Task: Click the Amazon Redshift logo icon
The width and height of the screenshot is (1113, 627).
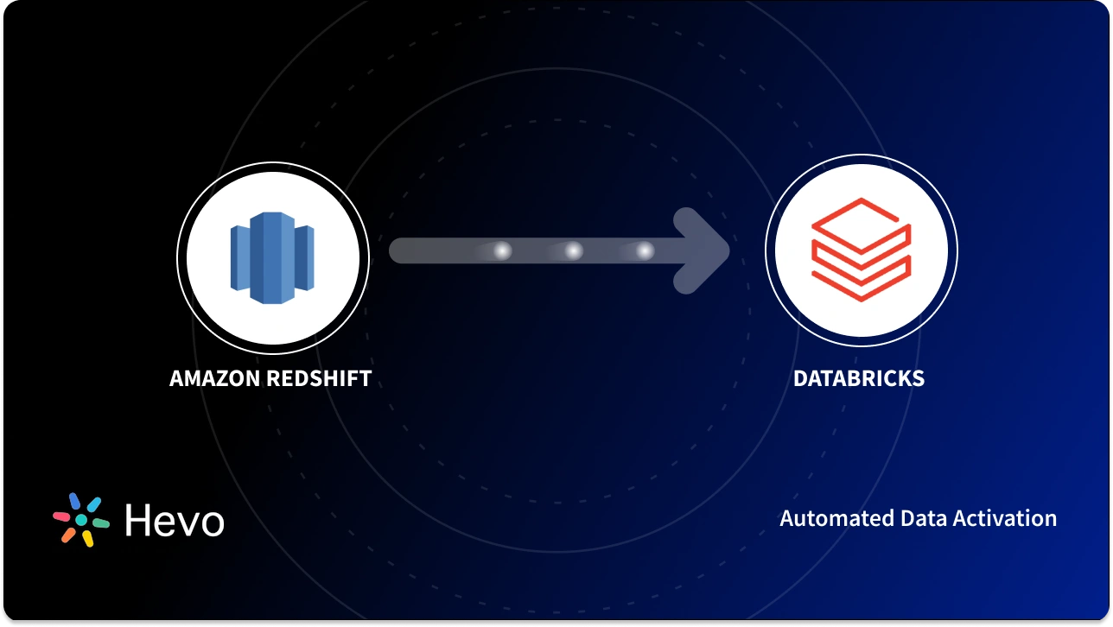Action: coord(272,256)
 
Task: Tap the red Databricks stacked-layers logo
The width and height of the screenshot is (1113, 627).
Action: coord(861,250)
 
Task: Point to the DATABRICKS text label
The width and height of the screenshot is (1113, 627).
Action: coord(859,378)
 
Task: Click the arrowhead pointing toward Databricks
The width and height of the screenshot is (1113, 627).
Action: coord(704,251)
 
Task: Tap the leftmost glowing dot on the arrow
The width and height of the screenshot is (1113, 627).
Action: coord(501,251)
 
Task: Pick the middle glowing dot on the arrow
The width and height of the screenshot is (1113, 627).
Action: coord(573,251)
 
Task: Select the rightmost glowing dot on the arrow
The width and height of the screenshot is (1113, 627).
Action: coord(645,251)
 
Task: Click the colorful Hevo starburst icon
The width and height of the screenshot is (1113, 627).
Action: coord(81,520)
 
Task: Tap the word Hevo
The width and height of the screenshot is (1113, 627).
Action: coord(175,520)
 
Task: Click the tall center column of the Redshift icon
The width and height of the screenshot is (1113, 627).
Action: coord(272,256)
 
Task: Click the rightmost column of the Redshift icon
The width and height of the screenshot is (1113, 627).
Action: coord(304,257)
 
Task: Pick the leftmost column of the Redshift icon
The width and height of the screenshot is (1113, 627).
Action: coord(240,257)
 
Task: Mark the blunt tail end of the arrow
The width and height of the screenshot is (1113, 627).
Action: coord(399,251)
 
